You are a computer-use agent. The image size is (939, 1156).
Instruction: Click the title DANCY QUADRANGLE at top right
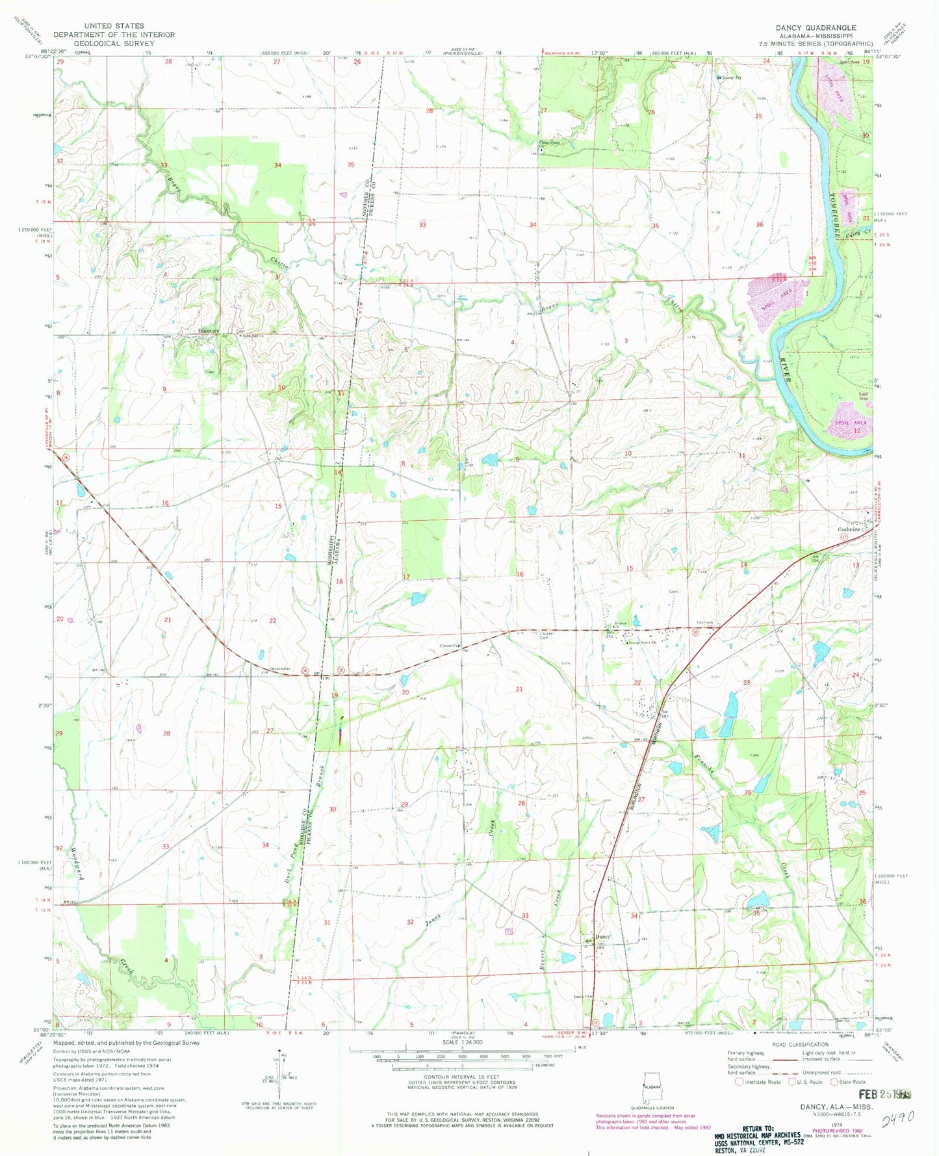[816, 27]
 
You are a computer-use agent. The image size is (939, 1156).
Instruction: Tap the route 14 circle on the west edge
[66, 457]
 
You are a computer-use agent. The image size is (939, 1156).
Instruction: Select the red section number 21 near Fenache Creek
[519, 689]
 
